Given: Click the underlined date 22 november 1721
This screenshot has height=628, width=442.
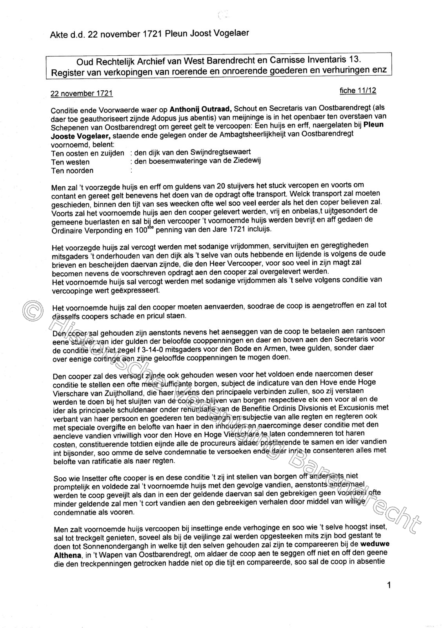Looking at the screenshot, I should point(82,94).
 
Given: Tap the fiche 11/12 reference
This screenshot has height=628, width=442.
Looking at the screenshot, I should point(358,91).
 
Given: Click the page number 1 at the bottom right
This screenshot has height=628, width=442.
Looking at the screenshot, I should point(389,586).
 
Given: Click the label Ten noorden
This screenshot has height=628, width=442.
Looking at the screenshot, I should point(72,171).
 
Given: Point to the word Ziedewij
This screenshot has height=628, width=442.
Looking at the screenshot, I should point(247,161).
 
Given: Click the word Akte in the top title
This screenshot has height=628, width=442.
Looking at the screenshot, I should point(59,35).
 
